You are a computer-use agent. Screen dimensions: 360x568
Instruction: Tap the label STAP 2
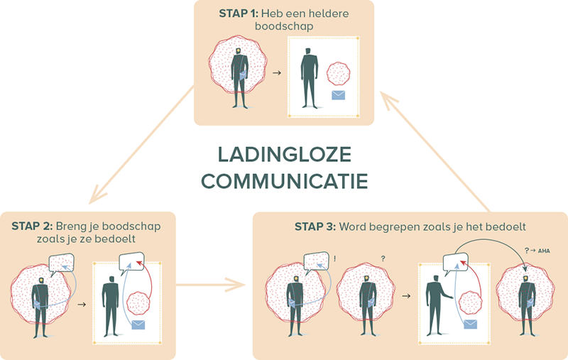point(33,226)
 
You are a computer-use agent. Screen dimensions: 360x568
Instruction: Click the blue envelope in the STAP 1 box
point(339,97)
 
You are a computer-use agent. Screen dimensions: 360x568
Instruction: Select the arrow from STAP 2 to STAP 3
point(214,287)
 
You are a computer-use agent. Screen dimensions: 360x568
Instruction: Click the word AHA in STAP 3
point(545,251)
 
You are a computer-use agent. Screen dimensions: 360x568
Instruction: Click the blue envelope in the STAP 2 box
point(138,325)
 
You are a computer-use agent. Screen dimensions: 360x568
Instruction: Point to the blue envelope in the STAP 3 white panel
point(470,324)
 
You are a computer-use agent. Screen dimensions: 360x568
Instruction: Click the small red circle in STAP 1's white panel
point(338,73)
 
